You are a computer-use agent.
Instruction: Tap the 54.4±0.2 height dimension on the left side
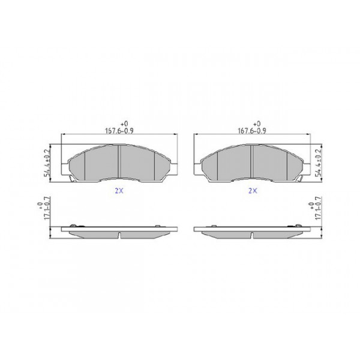click(x=45, y=162)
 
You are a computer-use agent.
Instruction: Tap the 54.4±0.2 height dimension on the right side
click(x=319, y=162)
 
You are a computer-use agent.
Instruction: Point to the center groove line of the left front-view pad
click(x=121, y=162)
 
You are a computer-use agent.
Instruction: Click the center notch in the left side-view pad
click(x=120, y=235)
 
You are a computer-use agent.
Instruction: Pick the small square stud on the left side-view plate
click(x=158, y=226)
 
